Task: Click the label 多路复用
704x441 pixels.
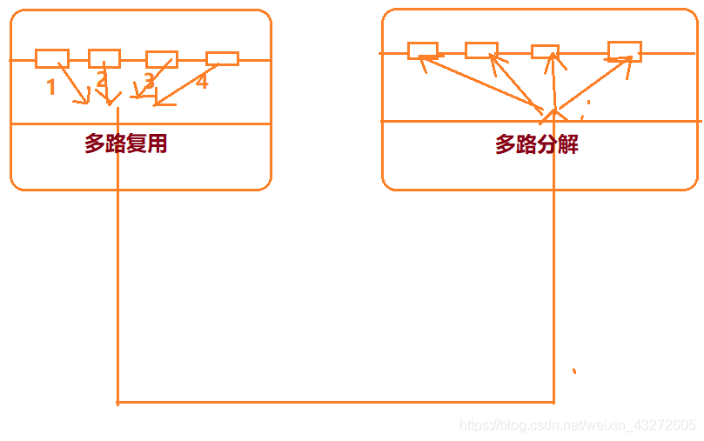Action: tap(125, 144)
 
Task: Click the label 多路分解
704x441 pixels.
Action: tap(537, 144)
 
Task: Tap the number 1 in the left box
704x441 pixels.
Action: tap(51, 87)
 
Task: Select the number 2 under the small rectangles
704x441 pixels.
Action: tap(102, 81)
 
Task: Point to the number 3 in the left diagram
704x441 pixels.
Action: tap(149, 81)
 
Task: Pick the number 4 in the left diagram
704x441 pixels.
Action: tap(202, 82)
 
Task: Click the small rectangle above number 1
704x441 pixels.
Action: tap(52, 58)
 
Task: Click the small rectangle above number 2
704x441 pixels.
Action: tap(104, 58)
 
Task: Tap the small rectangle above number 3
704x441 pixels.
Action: tap(162, 59)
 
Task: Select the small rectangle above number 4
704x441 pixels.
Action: tap(222, 58)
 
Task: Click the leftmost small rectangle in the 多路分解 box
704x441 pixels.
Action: tap(423, 50)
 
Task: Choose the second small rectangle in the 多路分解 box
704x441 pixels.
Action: tap(481, 50)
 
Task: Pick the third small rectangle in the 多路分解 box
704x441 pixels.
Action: tap(545, 51)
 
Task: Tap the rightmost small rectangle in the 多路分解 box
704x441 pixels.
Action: tap(624, 50)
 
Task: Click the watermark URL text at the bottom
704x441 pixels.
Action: tap(578, 425)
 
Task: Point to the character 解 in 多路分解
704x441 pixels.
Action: tap(568, 144)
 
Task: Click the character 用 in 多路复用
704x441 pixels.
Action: tap(157, 144)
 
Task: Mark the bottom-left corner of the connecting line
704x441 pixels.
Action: tap(117, 402)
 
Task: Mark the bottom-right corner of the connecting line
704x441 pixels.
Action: tap(553, 402)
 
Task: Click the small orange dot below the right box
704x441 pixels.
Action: tap(574, 371)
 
